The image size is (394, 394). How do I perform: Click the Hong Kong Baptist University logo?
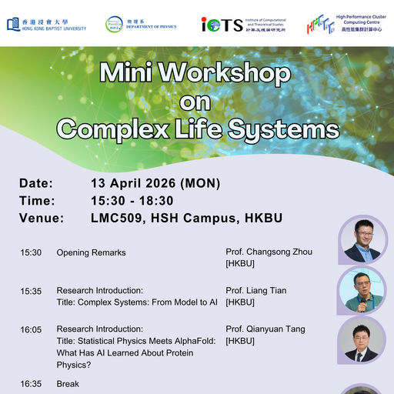coord(46,25)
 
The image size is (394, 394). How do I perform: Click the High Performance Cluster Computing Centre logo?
coord(343,24)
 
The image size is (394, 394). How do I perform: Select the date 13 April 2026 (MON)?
coord(155,183)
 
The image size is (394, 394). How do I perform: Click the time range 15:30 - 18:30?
coord(132,201)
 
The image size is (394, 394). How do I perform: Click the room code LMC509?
coord(115,219)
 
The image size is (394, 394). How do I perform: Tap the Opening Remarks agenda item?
coord(91,252)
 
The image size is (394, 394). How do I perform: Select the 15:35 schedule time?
coord(31,291)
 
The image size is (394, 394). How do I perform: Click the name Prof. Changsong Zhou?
coord(269,252)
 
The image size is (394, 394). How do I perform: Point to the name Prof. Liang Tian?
coord(256,291)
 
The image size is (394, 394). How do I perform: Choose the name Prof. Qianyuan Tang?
coord(265,329)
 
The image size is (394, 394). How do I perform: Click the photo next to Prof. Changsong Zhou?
coord(361,239)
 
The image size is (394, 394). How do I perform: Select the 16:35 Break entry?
coord(68,382)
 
